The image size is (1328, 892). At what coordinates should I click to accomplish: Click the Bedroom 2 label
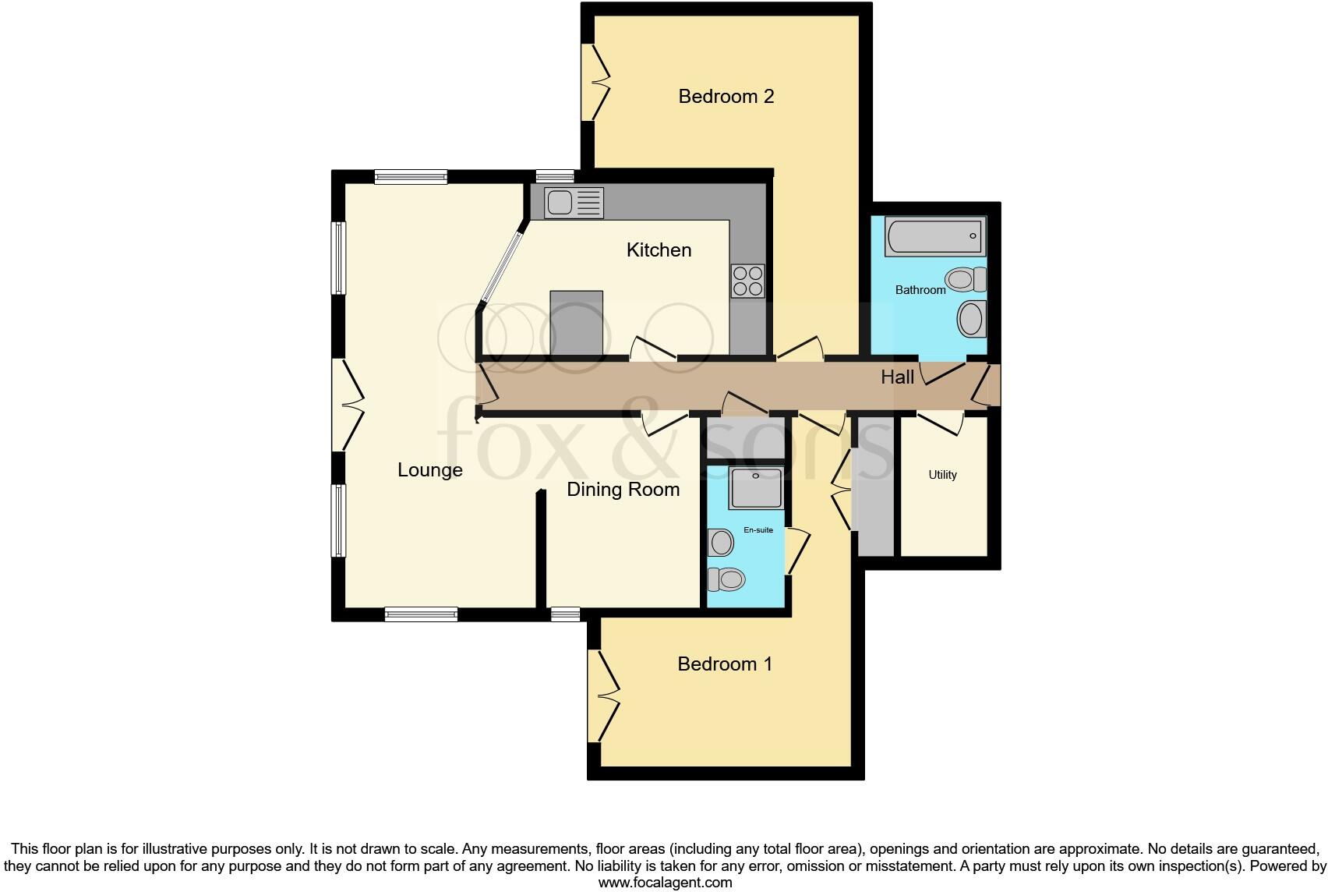[726, 97]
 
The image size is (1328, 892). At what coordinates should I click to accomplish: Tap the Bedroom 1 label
[724, 664]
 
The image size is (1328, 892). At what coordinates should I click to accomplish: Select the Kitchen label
[659, 250]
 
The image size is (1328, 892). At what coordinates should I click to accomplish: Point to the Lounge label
[429, 470]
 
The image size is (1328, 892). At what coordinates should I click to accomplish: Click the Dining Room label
[623, 490]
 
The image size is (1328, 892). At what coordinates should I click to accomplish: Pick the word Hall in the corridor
[897, 377]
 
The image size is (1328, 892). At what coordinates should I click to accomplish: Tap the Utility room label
[942, 475]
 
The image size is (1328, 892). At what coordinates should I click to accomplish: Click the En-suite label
[758, 530]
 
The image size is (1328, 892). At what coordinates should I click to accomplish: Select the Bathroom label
[920, 290]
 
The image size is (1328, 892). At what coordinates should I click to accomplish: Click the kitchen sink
[574, 203]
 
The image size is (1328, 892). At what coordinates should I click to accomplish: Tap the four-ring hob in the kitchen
[747, 281]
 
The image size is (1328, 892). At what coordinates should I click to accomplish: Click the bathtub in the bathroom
[934, 236]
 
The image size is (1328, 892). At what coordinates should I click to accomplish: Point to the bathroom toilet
[966, 279]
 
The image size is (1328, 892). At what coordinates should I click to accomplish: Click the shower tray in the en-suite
[755, 488]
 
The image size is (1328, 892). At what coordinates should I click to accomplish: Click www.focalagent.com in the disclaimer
[665, 883]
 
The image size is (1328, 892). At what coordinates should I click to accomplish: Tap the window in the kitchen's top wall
[555, 176]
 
